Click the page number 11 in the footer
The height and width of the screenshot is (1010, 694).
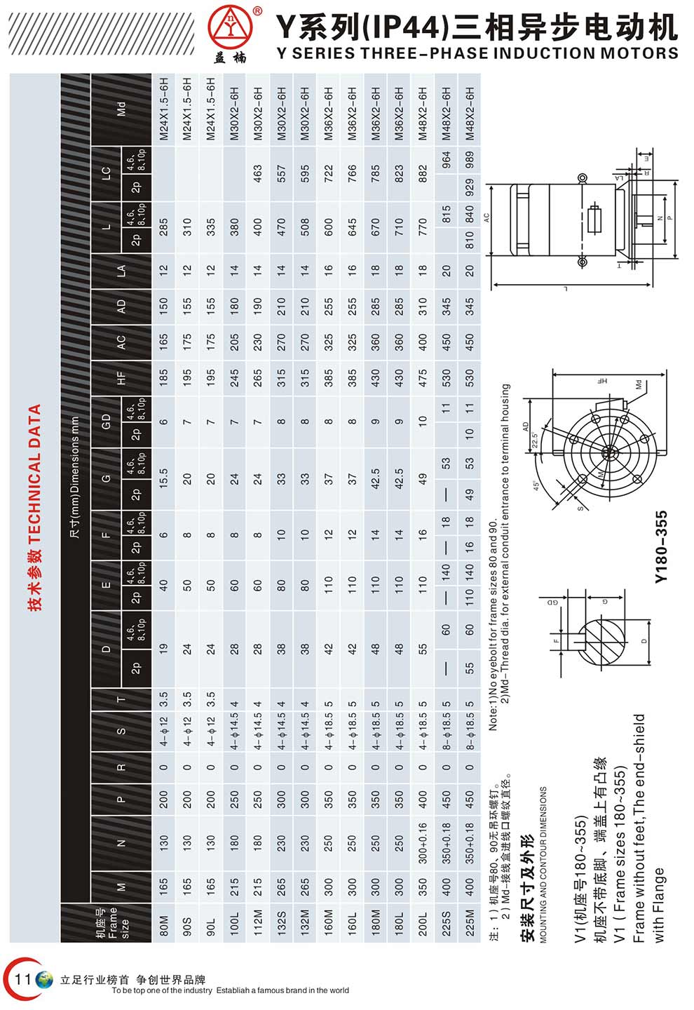click(23, 978)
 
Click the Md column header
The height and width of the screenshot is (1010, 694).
click(121, 109)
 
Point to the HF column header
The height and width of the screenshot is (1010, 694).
click(121, 379)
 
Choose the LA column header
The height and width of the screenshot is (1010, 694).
click(121, 270)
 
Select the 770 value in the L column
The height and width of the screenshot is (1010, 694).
click(422, 227)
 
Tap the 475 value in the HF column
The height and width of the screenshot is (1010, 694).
click(422, 379)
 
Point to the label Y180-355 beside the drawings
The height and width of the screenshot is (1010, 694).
click(660, 547)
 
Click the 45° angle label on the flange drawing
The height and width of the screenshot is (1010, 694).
click(536, 485)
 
